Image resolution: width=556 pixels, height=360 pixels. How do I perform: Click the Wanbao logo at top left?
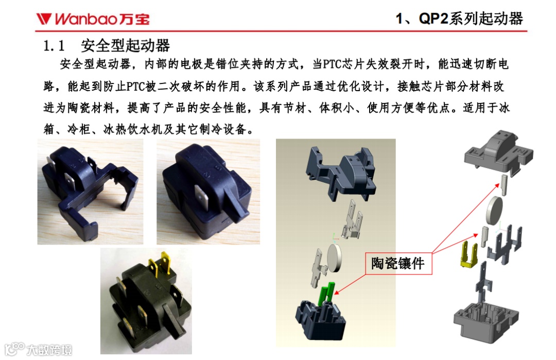(93, 19)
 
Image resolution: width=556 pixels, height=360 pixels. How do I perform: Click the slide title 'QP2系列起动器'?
(471, 19)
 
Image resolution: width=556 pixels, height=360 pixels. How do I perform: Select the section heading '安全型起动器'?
(126, 46)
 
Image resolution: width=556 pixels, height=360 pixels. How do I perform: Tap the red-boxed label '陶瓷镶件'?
(398, 263)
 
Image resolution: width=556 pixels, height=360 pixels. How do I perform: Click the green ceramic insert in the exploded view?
(327, 294)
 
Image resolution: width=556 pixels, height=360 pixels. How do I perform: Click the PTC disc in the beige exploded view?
(334, 258)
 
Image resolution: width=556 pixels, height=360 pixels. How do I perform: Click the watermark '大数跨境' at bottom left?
(49, 350)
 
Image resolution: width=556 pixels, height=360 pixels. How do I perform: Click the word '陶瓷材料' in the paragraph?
(91, 108)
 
